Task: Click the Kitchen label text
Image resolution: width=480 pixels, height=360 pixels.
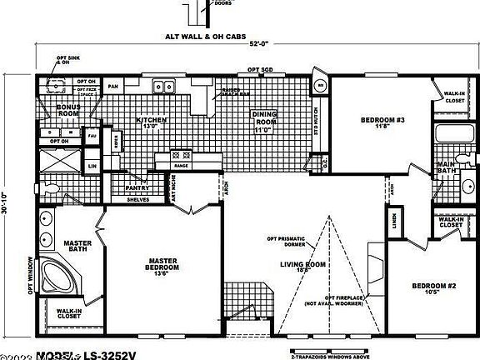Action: (x=152, y=123)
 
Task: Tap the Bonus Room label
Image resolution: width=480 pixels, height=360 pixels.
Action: (x=68, y=111)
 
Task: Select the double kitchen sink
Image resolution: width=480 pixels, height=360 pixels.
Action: (x=162, y=86)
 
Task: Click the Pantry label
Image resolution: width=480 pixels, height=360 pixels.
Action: (x=137, y=188)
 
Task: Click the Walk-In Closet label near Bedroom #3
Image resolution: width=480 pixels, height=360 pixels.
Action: (x=454, y=97)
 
